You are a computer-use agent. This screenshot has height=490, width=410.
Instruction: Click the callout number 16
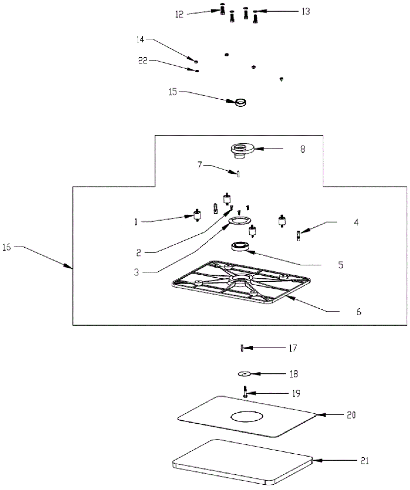coord(7,247)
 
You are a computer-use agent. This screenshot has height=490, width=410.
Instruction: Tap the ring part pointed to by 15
coord(240,102)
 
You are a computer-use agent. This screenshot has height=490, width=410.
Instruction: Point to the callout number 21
coord(364,461)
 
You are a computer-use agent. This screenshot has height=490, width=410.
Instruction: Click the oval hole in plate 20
coord(247,416)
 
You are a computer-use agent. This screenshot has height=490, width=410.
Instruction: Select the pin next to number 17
coord(242,348)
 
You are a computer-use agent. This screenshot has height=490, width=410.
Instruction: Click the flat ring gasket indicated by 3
coord(240,221)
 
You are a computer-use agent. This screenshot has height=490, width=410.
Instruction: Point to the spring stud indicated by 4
coord(298,236)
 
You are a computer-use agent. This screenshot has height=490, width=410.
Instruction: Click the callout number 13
coord(306,12)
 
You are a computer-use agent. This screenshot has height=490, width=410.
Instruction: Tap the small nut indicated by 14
coord(196,62)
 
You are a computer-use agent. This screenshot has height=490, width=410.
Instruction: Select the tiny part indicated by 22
coord(197,71)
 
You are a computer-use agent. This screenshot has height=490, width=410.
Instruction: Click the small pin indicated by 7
coord(238,174)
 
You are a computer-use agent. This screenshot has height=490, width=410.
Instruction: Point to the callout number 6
coord(358,312)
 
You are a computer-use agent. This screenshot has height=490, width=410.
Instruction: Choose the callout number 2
coord(139,253)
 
